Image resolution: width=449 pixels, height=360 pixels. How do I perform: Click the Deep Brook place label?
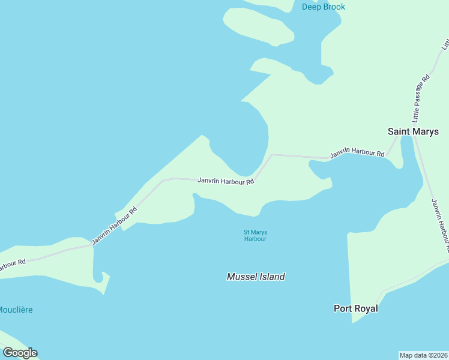coord(324,7)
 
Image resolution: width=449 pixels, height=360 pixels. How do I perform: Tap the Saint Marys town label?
coord(413,131)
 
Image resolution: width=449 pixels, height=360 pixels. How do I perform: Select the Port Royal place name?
coord(355,308)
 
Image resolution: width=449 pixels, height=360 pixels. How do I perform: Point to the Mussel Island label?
coord(256,277)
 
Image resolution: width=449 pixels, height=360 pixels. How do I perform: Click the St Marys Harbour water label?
coord(255,235)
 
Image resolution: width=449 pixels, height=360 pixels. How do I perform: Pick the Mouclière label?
coord(16,310)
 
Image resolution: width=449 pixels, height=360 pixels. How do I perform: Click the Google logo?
coord(20,353)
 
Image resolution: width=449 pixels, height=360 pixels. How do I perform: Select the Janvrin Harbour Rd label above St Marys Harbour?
coord(226,181)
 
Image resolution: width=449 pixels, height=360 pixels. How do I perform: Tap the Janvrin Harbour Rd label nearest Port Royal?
coord(439,225)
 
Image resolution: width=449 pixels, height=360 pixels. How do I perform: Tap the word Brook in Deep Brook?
coord(334,7)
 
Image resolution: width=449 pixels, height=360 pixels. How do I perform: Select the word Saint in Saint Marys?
coord(399,131)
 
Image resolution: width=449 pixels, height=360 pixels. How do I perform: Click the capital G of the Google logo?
coord(8,353)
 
